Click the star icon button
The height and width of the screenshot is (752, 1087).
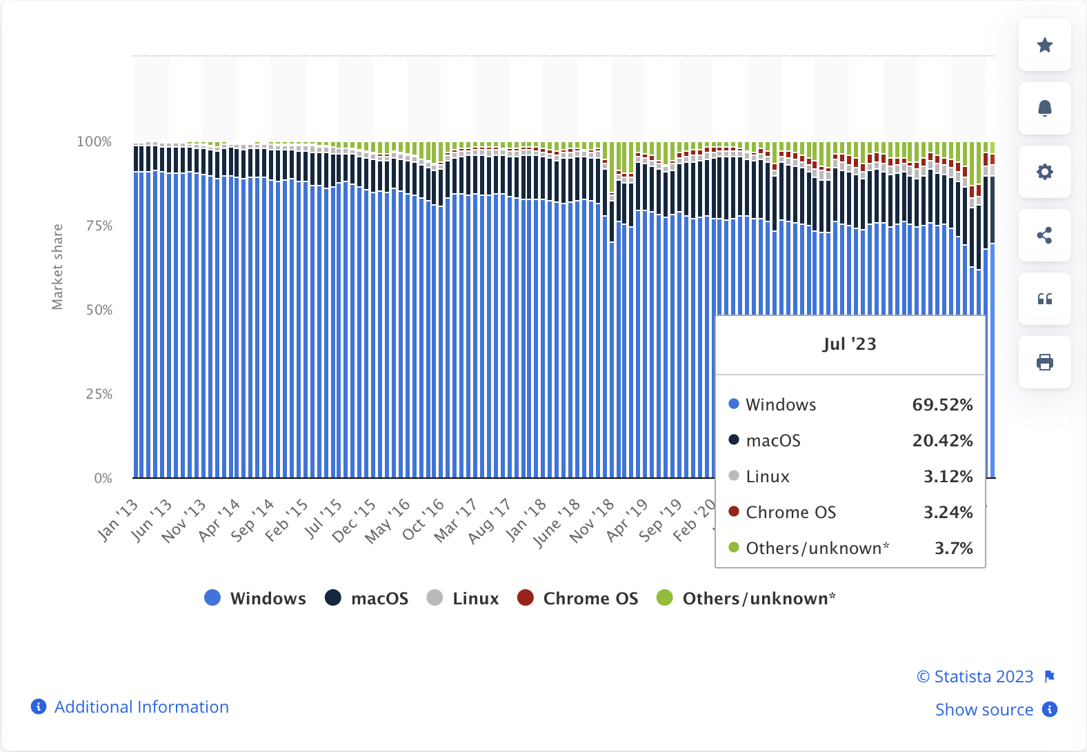[x=1044, y=46]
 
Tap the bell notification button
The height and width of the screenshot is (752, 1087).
[x=1044, y=108]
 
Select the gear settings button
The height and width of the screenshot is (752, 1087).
[x=1044, y=172]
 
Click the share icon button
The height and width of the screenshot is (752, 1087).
[x=1044, y=235]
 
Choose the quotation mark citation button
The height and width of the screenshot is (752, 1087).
[x=1044, y=299]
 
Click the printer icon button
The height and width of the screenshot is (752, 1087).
[x=1044, y=362]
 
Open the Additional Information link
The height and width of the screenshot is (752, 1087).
[x=141, y=707]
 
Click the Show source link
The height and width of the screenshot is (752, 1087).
[x=984, y=710]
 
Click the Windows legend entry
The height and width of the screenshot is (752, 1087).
[x=267, y=598]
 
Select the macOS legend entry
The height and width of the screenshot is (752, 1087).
[x=379, y=598]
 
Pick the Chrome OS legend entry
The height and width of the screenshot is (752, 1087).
[x=590, y=598]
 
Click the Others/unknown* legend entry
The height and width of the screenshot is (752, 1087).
[x=758, y=598]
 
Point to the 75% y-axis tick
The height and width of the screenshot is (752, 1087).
[x=99, y=226]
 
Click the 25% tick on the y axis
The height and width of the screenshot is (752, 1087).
[x=99, y=394]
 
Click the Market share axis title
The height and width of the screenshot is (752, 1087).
[x=57, y=266]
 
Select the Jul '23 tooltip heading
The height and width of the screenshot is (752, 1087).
[x=849, y=344]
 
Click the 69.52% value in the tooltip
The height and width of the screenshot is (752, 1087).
[x=942, y=405]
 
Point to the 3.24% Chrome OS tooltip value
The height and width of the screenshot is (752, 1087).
[x=948, y=513]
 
